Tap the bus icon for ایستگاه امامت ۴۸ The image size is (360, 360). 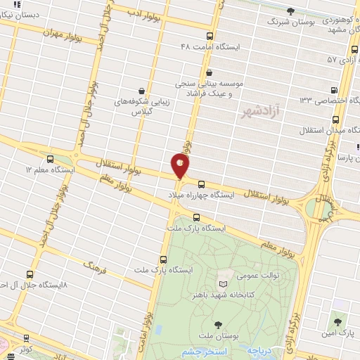(210, 36)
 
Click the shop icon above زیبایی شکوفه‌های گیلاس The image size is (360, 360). (142, 91)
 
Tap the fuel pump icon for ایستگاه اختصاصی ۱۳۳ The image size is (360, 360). (333, 89)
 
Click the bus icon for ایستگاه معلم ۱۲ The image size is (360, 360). (49, 160)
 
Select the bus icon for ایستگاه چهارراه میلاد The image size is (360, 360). (202, 183)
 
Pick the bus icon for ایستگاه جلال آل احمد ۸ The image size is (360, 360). (29, 274)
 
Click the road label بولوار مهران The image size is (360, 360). (61, 34)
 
